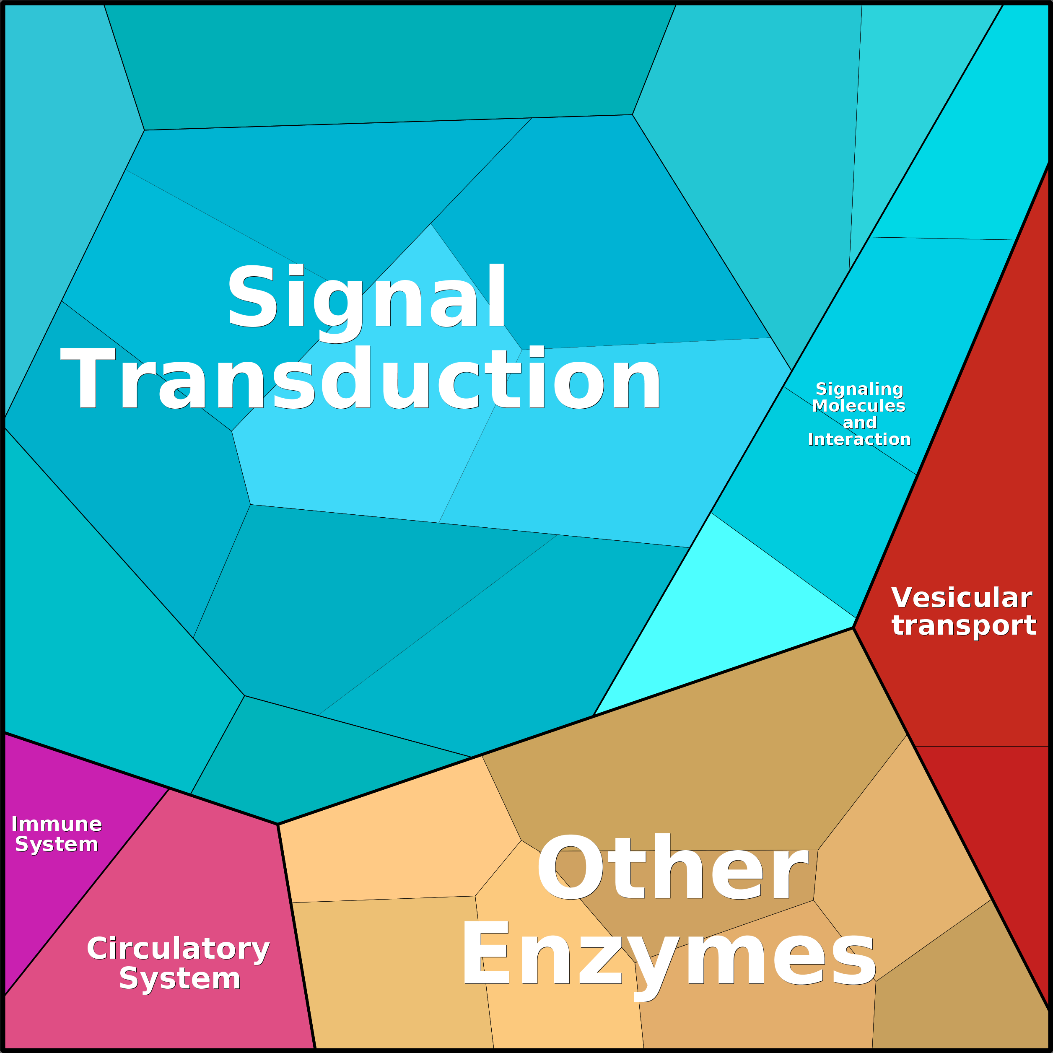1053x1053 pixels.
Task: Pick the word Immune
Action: coord(57,824)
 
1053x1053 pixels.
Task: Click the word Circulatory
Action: coord(178,949)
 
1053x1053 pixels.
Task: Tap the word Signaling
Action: coord(859,389)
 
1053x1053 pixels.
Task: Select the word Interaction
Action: coord(859,439)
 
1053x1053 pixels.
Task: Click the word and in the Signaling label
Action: coord(859,423)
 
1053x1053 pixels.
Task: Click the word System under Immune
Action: coord(57,844)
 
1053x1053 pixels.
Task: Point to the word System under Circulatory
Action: coord(180,979)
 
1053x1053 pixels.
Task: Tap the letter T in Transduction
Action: coord(87,379)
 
